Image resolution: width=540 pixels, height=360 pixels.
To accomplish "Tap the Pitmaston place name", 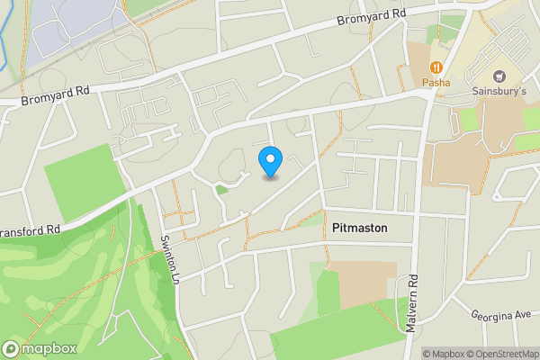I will pos(359,228).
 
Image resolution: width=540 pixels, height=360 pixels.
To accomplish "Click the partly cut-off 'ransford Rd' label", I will pos(30,230).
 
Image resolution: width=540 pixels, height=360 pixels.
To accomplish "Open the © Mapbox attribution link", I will pos(445,353).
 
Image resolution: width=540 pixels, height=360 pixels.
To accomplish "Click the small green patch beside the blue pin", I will pos(221,190).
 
